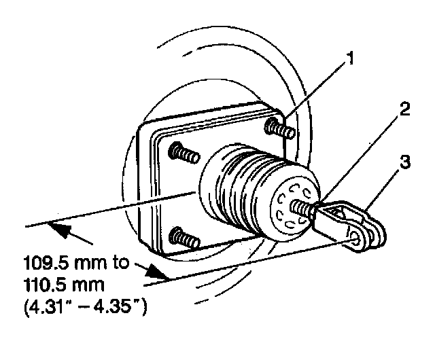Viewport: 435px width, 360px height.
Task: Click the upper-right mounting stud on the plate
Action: [281, 128]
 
